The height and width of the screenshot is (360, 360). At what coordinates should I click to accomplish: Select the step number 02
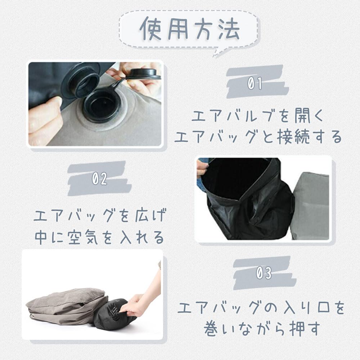pyautogui.click(x=99, y=179)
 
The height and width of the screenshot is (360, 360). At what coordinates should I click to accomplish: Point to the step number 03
pyautogui.click(x=264, y=274)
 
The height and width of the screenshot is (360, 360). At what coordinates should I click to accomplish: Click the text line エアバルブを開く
pyautogui.click(x=257, y=117)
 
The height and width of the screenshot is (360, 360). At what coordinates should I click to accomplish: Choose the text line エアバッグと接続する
pyautogui.click(x=258, y=137)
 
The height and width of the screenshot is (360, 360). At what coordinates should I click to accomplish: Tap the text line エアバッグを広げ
pyautogui.click(x=100, y=217)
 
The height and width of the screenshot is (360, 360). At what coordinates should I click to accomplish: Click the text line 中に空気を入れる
pyautogui.click(x=100, y=238)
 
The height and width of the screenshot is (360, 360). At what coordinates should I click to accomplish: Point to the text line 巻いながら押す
pyautogui.click(x=261, y=329)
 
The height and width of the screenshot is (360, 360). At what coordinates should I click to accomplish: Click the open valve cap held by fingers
pyautogui.click(x=143, y=73)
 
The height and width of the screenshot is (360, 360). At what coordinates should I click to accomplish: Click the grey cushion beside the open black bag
pyautogui.click(x=312, y=205)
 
